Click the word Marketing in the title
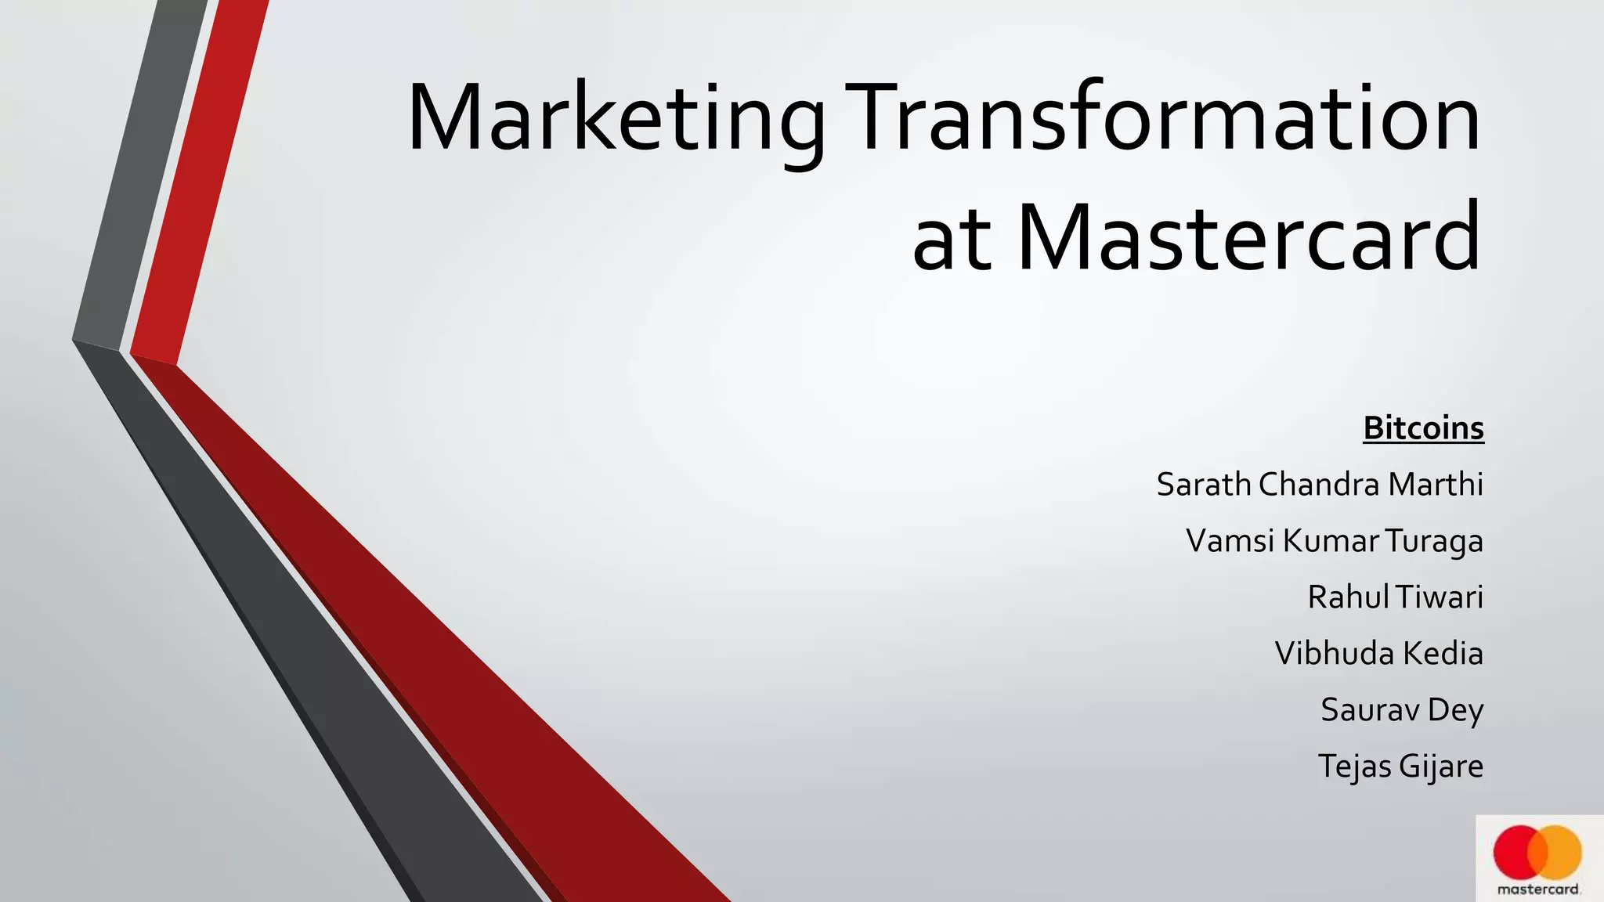(x=616, y=119)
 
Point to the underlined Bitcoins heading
(x=1423, y=428)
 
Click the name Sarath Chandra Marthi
(x=1320, y=485)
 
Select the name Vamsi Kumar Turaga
(x=1334, y=541)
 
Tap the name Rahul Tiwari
(x=1395, y=597)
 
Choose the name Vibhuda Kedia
(x=1378, y=654)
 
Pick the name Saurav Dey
(x=1402, y=710)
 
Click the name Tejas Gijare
(x=1400, y=767)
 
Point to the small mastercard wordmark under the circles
(x=1539, y=889)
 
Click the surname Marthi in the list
(x=1436, y=485)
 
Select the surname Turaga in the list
(x=1433, y=542)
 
